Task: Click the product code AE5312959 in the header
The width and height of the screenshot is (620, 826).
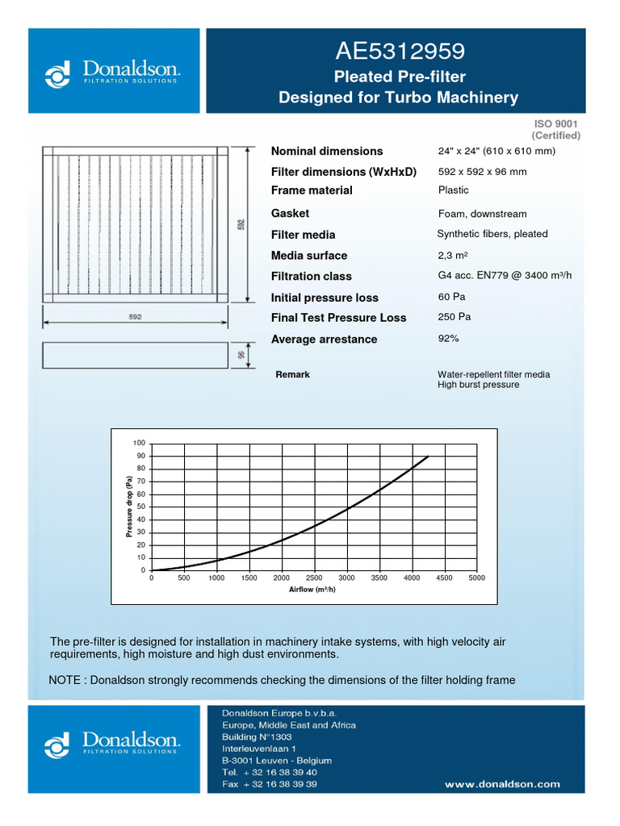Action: point(400,52)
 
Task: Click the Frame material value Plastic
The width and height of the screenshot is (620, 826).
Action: point(454,190)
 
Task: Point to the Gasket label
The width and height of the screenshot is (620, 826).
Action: point(290,214)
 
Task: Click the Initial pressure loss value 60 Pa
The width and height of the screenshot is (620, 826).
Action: point(452,297)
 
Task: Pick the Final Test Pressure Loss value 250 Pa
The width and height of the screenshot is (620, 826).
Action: point(455,317)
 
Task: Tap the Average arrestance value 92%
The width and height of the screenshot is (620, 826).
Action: point(449,339)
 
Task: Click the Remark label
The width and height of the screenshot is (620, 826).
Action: point(292,375)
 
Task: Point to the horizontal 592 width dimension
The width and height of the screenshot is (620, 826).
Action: point(135,317)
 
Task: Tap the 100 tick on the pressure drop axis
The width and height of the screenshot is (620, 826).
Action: point(140,444)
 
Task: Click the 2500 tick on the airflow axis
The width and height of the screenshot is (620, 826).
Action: point(314,578)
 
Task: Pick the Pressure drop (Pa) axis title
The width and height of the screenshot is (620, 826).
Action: point(128,507)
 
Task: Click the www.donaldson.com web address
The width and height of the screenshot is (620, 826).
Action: point(502,783)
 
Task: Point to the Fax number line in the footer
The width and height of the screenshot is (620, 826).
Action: point(270,784)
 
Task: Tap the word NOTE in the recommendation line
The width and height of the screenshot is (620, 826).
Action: point(65,680)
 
